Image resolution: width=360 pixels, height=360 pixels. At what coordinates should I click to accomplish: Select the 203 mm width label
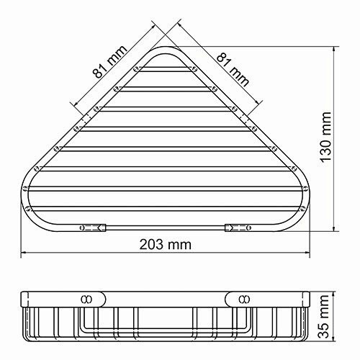pos(165,244)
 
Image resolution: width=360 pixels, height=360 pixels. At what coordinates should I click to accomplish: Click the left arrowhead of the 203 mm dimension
pos(23,253)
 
